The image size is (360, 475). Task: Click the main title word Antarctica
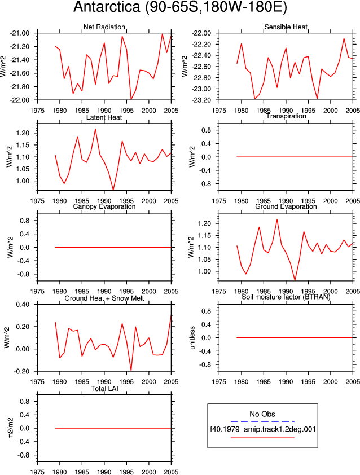[x=107, y=7]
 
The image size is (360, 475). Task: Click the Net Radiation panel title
[x=104, y=27]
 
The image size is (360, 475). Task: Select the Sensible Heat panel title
[x=286, y=27]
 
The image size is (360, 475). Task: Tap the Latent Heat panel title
[x=104, y=117]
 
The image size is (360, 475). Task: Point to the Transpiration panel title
[x=286, y=116]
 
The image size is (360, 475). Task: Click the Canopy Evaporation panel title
[x=104, y=206]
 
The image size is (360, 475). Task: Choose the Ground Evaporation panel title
[x=286, y=206]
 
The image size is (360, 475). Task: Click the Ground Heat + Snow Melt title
[x=104, y=298]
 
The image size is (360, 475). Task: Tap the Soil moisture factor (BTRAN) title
[x=286, y=297]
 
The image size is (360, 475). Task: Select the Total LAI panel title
[x=104, y=388]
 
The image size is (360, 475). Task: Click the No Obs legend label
[x=262, y=414]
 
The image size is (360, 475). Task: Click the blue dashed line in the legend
[x=262, y=421]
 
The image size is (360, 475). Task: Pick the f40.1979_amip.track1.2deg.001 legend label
[x=263, y=429]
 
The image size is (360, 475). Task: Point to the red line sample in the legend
[x=262, y=437]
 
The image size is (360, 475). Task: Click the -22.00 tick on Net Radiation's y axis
[x=20, y=100]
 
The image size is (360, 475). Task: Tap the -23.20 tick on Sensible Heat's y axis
[x=201, y=100]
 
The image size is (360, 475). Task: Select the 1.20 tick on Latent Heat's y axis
[x=23, y=133]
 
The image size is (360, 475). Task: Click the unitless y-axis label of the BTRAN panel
[x=192, y=338]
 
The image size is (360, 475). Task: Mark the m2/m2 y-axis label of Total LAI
[x=11, y=428]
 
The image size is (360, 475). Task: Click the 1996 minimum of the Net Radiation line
[x=131, y=99]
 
